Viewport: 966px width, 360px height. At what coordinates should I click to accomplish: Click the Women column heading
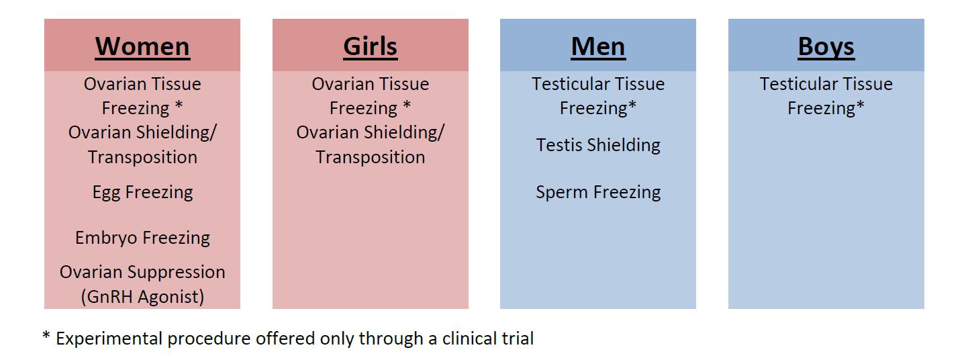coord(142,46)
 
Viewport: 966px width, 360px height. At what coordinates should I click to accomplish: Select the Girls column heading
coord(370,46)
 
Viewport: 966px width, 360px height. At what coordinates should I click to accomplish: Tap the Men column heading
coord(597,46)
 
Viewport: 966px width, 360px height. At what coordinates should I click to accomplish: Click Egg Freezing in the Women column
coord(142,193)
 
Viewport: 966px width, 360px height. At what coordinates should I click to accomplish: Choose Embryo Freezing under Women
coord(142,238)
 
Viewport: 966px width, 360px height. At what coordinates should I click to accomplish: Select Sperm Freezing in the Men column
coord(598,193)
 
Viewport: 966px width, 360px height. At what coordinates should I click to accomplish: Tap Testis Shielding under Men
coord(598,146)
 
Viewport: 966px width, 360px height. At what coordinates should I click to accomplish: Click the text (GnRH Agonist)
coord(142,297)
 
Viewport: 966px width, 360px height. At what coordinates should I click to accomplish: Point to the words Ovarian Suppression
coord(142,273)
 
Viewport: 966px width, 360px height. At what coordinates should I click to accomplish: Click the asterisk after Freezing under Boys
coord(861,105)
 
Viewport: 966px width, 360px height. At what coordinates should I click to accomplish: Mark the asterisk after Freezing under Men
coord(632,105)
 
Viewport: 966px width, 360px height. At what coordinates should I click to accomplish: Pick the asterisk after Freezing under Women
coord(179,105)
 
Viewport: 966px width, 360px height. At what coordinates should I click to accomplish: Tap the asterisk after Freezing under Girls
coord(407,105)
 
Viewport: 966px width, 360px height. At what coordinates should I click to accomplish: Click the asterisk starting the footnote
coord(46,335)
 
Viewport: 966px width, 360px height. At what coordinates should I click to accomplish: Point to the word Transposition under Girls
coord(370,158)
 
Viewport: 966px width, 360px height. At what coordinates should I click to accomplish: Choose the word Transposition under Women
coord(142,158)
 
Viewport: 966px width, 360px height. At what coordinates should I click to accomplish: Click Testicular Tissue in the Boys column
coord(826,84)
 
